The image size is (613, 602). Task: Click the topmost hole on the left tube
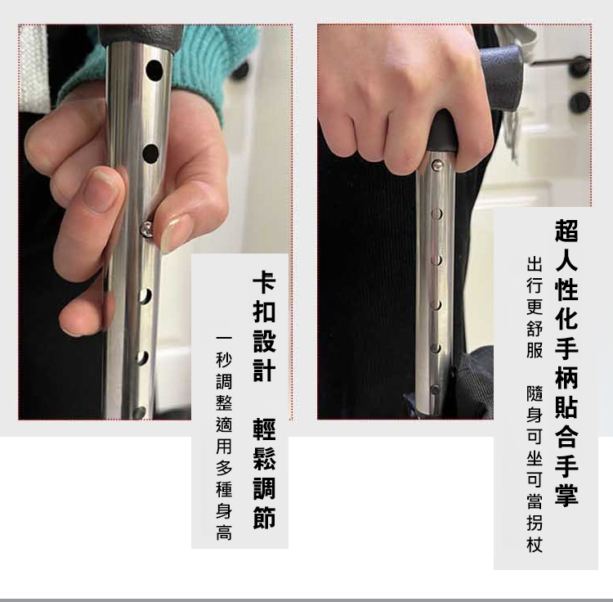pyautogui.click(x=154, y=70)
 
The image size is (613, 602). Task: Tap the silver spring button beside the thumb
pyautogui.click(x=146, y=228)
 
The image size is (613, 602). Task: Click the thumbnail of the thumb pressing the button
pyautogui.click(x=175, y=231)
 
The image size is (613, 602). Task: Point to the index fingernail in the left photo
pyautogui.click(x=99, y=191)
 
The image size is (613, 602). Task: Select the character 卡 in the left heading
pyautogui.click(x=264, y=280)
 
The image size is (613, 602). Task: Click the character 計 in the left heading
pyautogui.click(x=264, y=368)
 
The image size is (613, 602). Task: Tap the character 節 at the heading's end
pyautogui.click(x=264, y=517)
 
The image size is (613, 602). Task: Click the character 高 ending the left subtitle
pyautogui.click(x=224, y=532)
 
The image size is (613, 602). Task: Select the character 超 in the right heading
pyautogui.click(x=566, y=230)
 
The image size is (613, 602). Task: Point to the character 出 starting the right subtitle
pyautogui.click(x=535, y=263)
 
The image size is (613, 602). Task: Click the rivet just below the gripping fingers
pyautogui.click(x=437, y=165)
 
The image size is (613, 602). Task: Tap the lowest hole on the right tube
pyautogui.click(x=435, y=389)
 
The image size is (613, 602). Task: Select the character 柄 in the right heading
pyautogui.click(x=566, y=377)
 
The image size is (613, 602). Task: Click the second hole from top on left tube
pyautogui.click(x=150, y=154)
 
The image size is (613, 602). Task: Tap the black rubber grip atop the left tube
pyautogui.click(x=141, y=37)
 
